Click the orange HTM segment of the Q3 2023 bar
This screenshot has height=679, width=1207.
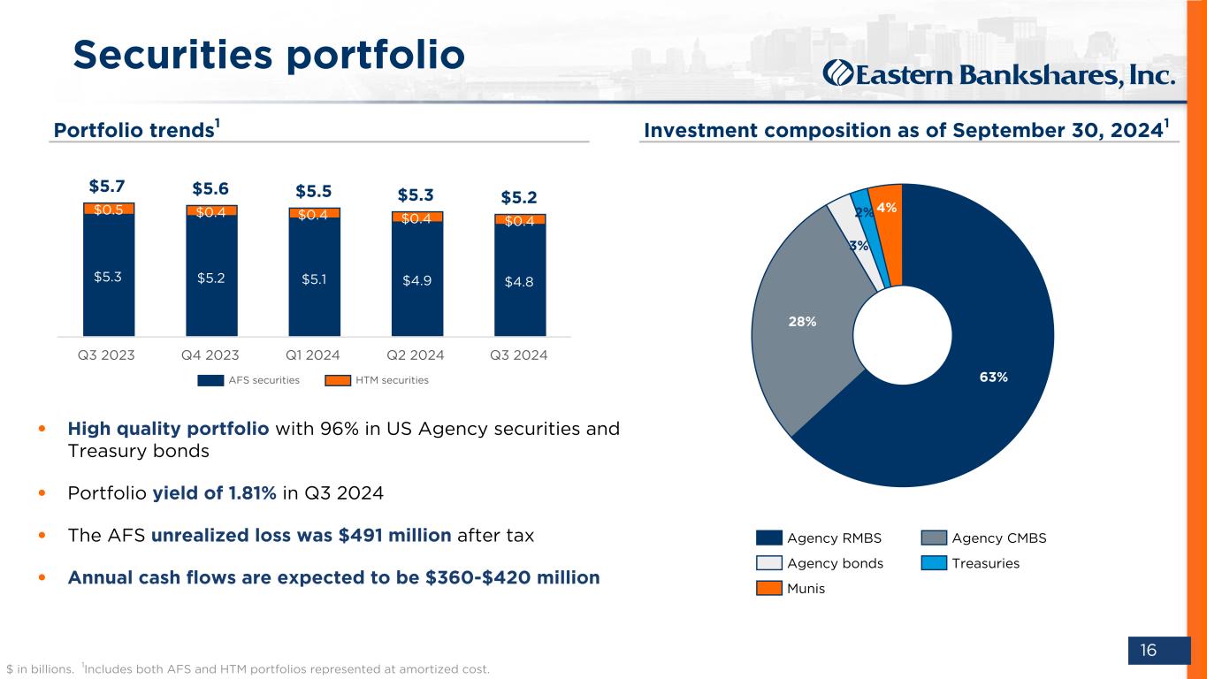(x=109, y=209)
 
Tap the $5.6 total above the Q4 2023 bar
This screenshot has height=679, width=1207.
(x=211, y=188)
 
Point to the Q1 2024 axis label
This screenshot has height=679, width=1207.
(x=314, y=355)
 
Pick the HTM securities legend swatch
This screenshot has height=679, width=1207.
(x=339, y=380)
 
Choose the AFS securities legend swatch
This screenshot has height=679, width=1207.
(x=210, y=380)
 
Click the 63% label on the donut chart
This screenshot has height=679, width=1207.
(x=993, y=377)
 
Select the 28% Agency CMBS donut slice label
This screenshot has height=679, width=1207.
(x=802, y=323)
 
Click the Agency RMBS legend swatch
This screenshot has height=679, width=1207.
(x=769, y=538)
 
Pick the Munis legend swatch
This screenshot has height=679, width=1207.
(x=769, y=588)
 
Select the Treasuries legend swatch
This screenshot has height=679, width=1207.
(x=934, y=563)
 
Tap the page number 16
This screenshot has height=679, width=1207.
(x=1148, y=651)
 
